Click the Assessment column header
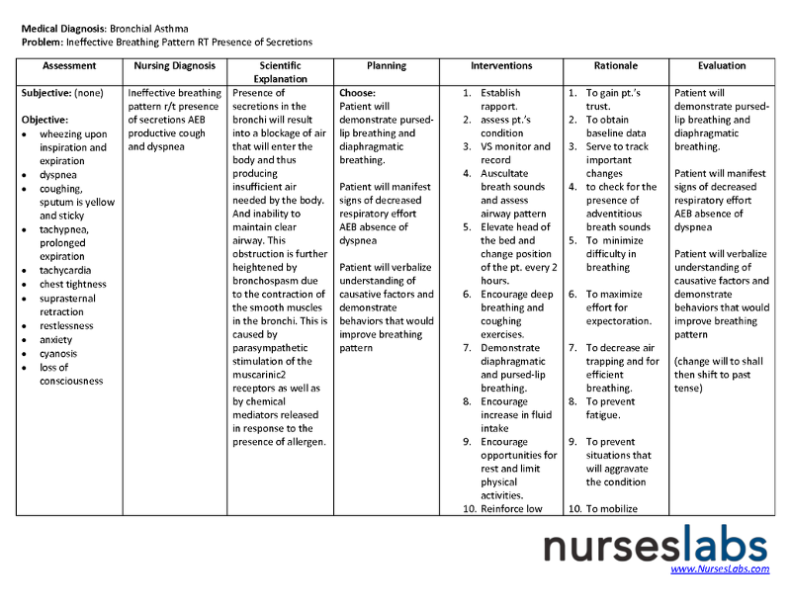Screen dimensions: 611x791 69,66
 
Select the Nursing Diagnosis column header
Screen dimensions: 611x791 174,66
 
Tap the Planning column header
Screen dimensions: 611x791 386,66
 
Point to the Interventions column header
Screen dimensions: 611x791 501,66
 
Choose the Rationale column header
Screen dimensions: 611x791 616,66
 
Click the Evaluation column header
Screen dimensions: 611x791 721,66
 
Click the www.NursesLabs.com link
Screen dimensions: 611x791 720,568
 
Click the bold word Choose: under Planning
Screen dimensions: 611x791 357,93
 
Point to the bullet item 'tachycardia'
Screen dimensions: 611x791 66,271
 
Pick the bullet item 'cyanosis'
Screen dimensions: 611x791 58,354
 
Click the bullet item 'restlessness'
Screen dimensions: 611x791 66,326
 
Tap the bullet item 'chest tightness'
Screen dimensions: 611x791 72,285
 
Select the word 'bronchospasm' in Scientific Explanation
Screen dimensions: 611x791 266,281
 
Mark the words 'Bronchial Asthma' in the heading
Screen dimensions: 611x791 149,29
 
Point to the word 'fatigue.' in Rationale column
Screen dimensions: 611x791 605,416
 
